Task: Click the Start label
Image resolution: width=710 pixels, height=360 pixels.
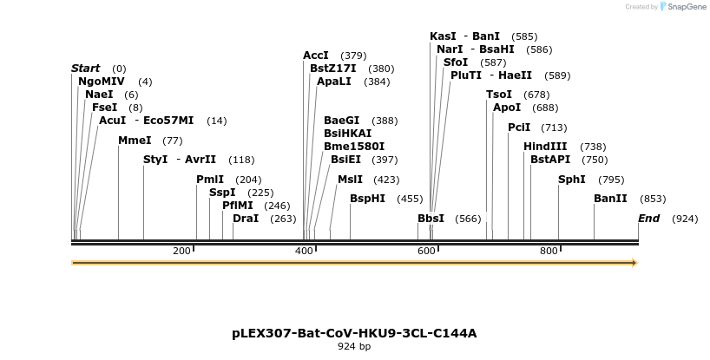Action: tap(85, 69)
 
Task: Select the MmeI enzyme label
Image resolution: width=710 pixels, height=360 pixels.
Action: tap(135, 141)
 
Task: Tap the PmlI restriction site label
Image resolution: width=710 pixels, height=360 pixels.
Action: tap(210, 180)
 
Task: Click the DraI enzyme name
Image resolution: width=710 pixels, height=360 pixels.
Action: tap(246, 219)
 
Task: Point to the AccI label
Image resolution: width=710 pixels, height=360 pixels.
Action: tap(316, 56)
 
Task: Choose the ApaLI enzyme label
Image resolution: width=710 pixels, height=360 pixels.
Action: tap(334, 82)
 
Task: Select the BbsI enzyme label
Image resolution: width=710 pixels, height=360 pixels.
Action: tap(431, 219)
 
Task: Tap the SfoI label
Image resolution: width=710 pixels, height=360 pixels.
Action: tap(456, 62)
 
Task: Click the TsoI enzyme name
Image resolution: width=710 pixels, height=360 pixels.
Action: tap(499, 95)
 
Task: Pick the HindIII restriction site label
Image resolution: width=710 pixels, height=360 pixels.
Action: tap(545, 147)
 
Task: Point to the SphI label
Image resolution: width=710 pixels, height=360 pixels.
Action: tap(572, 180)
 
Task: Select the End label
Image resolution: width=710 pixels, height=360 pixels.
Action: tap(649, 219)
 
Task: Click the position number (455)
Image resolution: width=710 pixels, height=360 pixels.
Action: tap(410, 199)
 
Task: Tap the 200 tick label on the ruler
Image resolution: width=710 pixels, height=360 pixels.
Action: tap(181, 252)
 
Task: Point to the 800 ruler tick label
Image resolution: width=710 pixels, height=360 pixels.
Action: tap(549, 252)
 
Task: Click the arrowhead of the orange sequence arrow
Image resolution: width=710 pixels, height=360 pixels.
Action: tap(634, 263)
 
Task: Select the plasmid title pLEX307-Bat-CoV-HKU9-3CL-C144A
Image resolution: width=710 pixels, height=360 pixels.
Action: tap(354, 333)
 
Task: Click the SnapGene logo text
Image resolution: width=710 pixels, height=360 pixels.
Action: tap(687, 7)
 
